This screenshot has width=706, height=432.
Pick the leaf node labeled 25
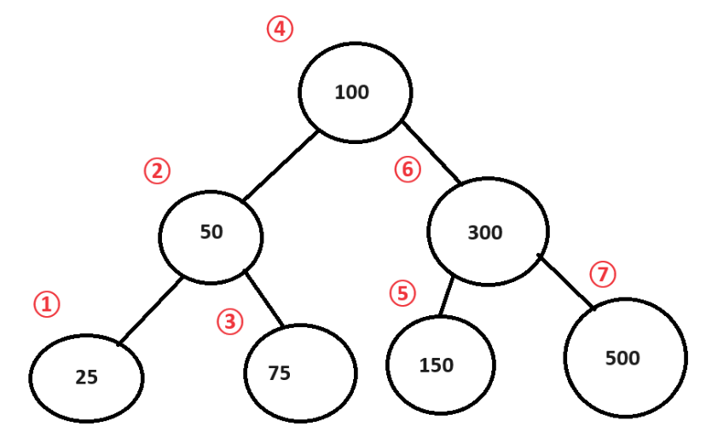tap(86, 377)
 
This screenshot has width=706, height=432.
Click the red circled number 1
tap(47, 303)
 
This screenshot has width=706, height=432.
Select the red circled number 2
tap(157, 171)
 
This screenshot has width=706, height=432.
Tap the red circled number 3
tap(229, 321)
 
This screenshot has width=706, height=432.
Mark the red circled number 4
tap(279, 30)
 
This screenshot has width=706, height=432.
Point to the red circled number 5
tap(402, 293)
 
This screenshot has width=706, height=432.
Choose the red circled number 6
tap(408, 170)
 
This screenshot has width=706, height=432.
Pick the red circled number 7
tap(602, 274)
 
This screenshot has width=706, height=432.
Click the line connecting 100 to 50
tap(281, 165)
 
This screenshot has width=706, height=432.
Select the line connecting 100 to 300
tap(431, 153)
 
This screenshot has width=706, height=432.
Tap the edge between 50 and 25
tap(150, 310)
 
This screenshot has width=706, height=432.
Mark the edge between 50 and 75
tap(264, 297)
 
